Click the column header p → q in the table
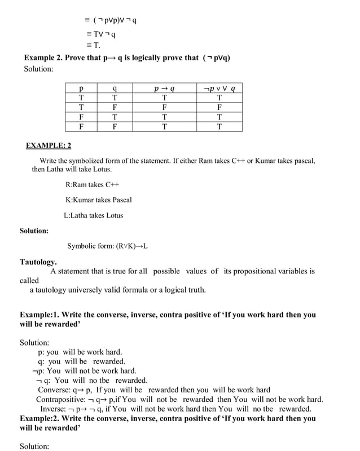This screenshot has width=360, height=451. pos(164,89)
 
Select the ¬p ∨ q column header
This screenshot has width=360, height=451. pos(219,89)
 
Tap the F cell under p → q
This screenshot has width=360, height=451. pos(164,107)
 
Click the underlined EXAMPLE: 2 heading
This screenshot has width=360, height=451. pos(49,145)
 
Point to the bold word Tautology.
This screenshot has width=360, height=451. pos(38,262)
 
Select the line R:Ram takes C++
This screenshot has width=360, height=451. pos(93,184)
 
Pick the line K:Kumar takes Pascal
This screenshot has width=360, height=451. pos(99,200)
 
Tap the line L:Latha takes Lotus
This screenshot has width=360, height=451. pos(93,215)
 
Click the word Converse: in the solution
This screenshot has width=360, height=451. pos(55,390)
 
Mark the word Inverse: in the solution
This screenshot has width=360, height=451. pos(53,409)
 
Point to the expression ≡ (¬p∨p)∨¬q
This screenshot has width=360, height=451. pos(111,20)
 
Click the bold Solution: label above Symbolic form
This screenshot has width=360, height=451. pos(34,231)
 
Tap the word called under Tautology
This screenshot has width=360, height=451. pos(29,280)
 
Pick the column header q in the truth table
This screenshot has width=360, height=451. pos(115,89)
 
